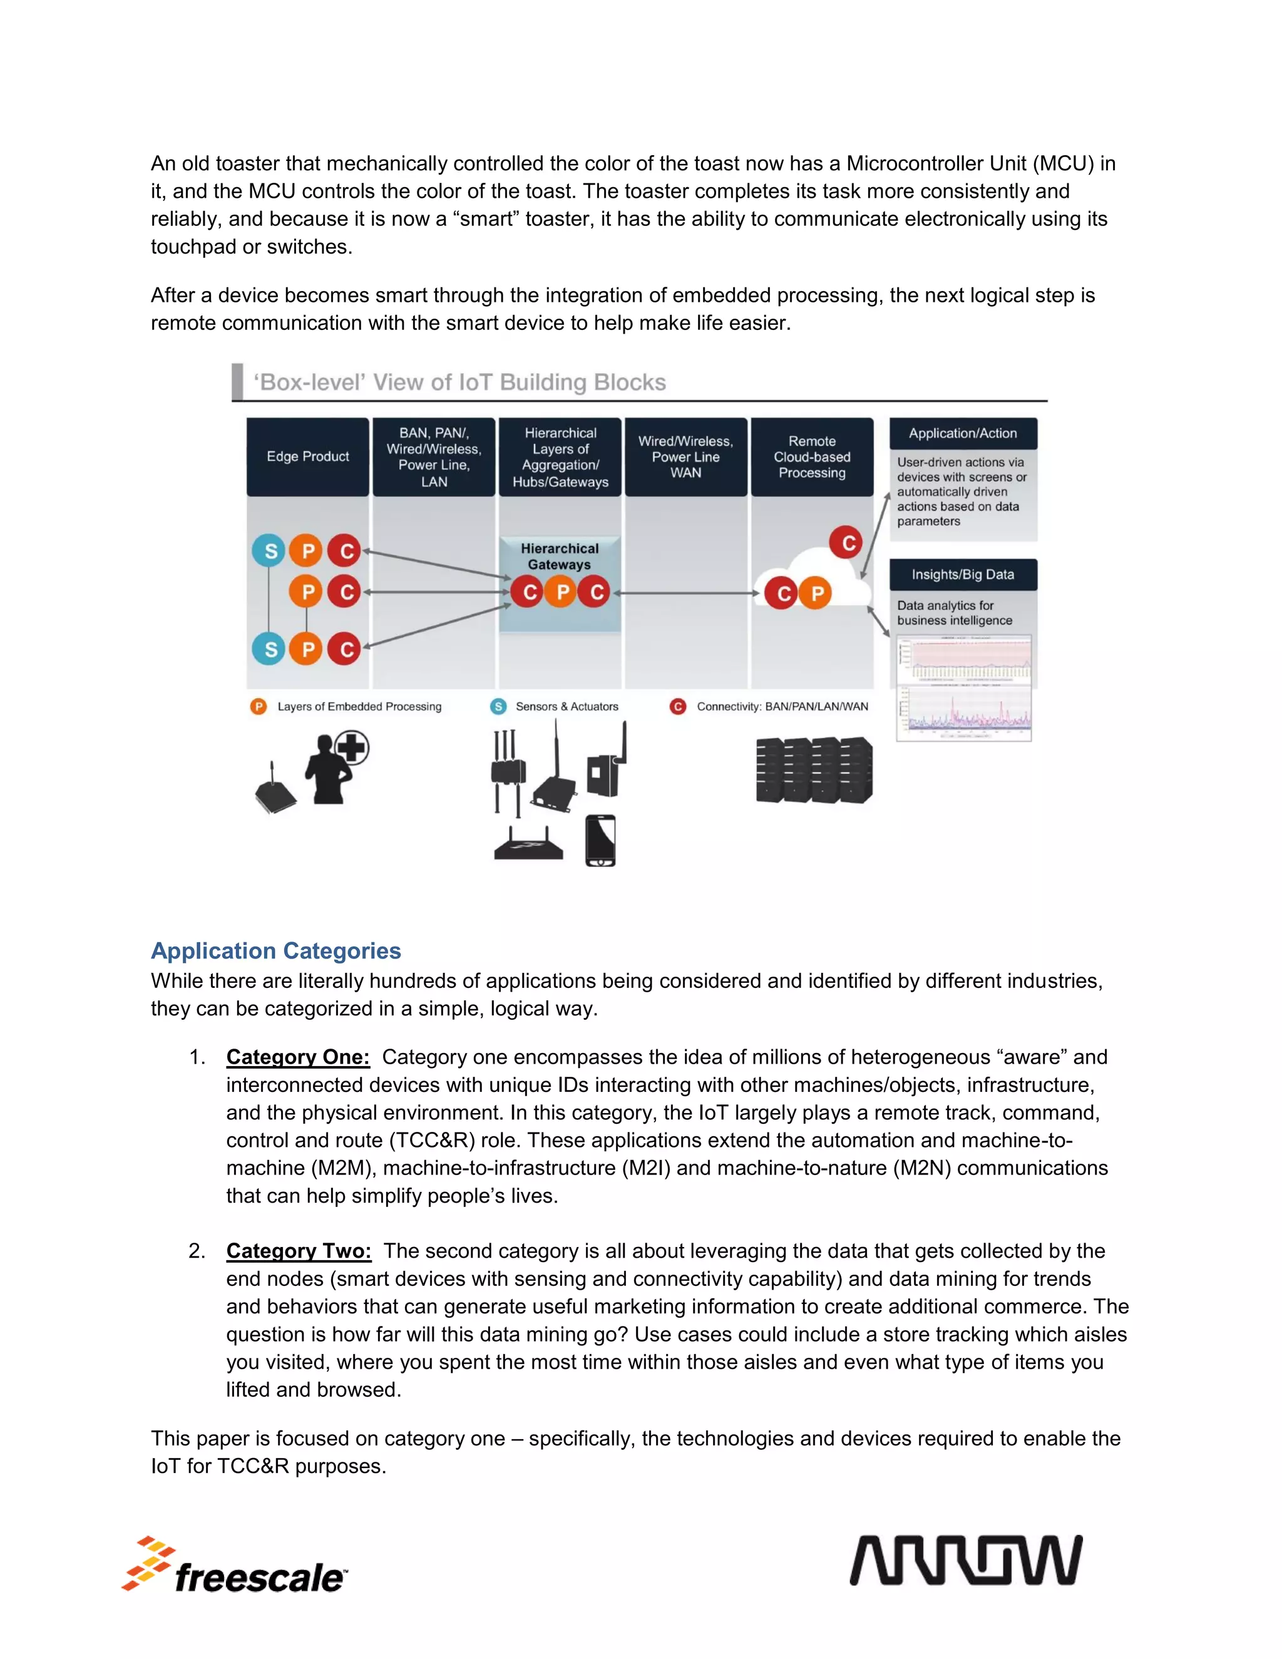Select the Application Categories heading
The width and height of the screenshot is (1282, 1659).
[x=275, y=950]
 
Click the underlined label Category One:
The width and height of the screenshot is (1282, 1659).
[x=298, y=1057]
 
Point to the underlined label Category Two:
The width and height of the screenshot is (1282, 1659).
[x=299, y=1250]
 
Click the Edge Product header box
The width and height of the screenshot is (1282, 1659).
[x=307, y=456]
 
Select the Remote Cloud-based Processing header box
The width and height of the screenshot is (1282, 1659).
[x=812, y=456]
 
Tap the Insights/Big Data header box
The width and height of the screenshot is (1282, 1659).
[x=963, y=574]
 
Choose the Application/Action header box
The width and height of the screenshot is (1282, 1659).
[x=963, y=433]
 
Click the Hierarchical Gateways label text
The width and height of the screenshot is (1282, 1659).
[x=560, y=556]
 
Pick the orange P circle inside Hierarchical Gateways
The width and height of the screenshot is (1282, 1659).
[x=563, y=592]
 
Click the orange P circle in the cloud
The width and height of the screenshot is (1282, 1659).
[x=817, y=593]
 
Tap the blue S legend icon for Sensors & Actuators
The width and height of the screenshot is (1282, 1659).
[x=498, y=706]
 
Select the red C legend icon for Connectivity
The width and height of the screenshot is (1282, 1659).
[x=677, y=706]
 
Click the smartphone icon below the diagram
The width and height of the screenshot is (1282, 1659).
[x=600, y=841]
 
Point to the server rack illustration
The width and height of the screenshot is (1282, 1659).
[x=814, y=769]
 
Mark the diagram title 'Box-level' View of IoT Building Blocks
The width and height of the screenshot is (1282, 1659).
[x=459, y=382]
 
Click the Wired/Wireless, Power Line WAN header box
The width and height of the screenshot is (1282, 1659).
[x=686, y=456]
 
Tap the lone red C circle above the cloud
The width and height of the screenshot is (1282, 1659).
[x=848, y=542]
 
